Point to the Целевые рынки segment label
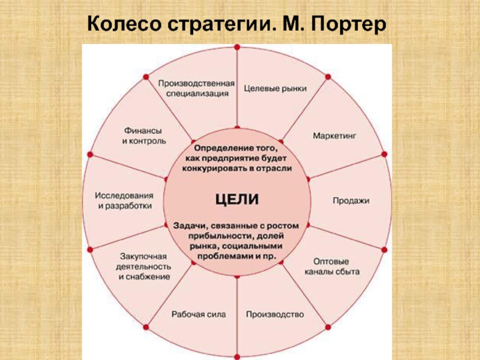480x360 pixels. pyautogui.click(x=275, y=88)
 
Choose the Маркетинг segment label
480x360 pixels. pyautogui.click(x=334, y=136)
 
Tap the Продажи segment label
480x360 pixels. pyautogui.click(x=351, y=201)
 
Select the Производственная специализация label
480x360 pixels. pyautogui.click(x=197, y=88)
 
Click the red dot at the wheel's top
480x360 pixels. pyautogui.click(x=237, y=46)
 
